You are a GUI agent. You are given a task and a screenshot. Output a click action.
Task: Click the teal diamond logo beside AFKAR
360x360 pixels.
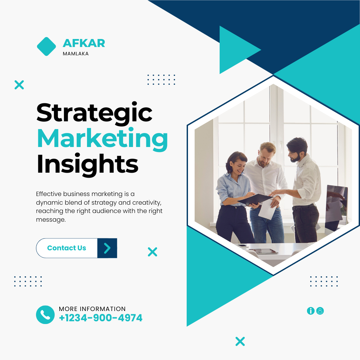(46, 46)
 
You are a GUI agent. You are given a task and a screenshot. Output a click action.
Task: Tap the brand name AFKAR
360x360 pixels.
(84, 43)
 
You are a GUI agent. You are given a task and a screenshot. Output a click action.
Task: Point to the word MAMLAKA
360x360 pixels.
(76, 54)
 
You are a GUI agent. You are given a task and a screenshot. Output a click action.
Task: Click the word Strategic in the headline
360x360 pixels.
(94, 113)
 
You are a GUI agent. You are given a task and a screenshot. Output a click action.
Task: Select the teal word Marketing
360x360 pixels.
(102, 139)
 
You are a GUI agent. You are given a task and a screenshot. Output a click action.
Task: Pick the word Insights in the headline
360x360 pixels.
(87, 165)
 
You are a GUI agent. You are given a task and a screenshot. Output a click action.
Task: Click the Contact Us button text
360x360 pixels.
(67, 248)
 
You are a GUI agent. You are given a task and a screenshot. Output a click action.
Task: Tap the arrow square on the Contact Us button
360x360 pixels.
(107, 248)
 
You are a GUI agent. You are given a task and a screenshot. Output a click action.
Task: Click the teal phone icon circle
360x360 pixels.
(45, 315)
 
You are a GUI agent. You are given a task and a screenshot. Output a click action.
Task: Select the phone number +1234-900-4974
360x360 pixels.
(101, 318)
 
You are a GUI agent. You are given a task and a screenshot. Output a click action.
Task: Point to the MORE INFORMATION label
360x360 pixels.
(92, 309)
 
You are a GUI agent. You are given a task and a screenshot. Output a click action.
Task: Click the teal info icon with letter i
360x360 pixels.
(311, 311)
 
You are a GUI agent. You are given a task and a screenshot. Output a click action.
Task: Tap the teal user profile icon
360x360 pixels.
(320, 311)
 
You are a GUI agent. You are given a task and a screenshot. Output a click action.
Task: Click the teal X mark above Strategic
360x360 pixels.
(19, 85)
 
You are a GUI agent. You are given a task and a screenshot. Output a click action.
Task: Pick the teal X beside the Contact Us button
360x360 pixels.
(152, 252)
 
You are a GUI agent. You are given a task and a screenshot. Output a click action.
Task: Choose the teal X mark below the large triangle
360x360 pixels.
(240, 341)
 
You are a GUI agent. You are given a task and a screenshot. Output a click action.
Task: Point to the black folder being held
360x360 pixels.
(255, 199)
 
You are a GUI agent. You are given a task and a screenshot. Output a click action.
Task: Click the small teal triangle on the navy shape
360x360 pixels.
(236, 50)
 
